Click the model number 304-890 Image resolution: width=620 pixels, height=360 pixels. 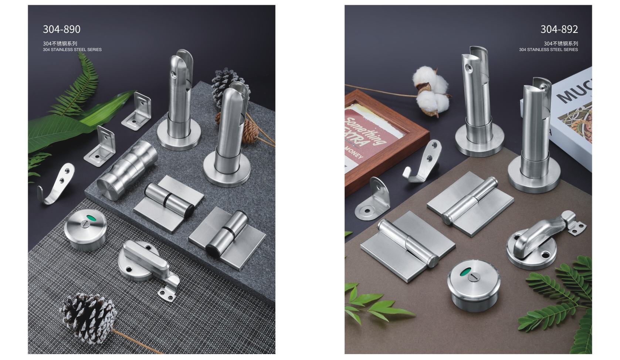pos(61,29)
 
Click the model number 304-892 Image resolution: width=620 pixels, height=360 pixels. pos(559,29)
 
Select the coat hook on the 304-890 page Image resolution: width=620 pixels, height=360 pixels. pos(57,184)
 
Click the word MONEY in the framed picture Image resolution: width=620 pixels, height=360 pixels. pos(354,153)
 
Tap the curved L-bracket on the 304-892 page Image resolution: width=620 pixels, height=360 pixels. pos(372,199)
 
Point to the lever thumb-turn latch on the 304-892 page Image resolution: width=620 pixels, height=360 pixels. pos(544,240)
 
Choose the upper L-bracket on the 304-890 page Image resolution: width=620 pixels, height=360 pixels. pos(136,111)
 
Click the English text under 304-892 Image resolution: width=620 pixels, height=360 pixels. pos(548,50)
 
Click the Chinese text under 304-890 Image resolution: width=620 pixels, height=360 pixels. pos(60,44)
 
